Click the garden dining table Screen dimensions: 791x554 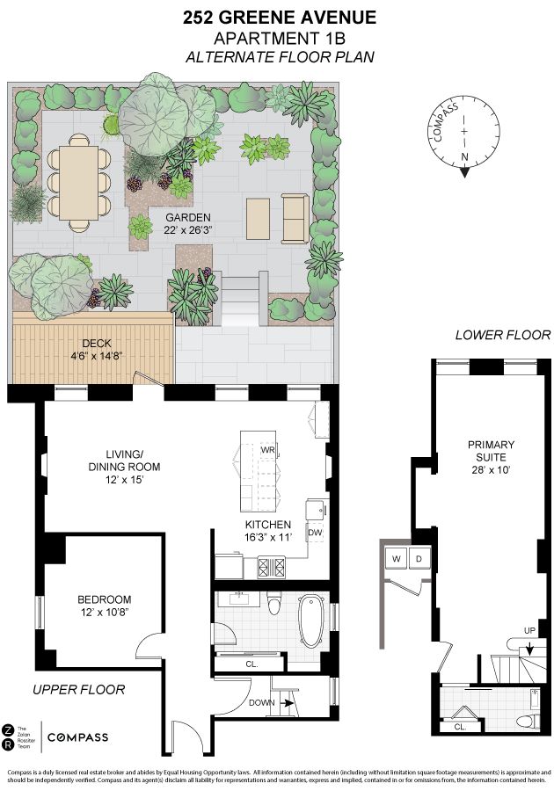click(x=79, y=181)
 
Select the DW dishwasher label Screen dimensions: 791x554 click(x=315, y=533)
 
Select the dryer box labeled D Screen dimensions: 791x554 click(x=419, y=558)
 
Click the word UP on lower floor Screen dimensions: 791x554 click(x=528, y=631)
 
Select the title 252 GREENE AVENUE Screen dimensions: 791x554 click(x=279, y=18)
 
